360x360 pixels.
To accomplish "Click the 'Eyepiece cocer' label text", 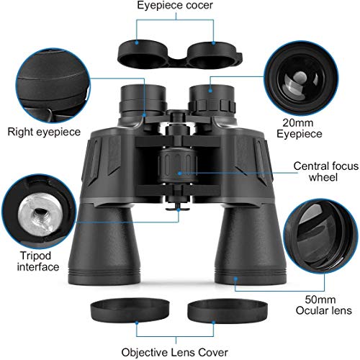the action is point(175,5).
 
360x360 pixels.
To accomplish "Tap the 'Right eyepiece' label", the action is point(44,132).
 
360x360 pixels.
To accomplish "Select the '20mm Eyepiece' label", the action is point(299,128).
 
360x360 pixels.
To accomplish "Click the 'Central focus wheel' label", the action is point(325,171).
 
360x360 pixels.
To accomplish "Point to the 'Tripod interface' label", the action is point(37,261).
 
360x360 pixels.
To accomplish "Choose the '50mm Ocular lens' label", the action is point(323,305).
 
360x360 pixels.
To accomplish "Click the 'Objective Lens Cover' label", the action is point(174,353).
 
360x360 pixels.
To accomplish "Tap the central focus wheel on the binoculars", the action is point(178,166).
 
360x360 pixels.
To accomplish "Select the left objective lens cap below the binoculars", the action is point(130,310).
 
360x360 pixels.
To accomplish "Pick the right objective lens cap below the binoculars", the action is point(228,311).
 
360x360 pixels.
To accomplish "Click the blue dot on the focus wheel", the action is point(179,173).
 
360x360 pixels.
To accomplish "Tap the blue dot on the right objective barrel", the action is point(235,279).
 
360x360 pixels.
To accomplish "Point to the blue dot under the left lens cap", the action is point(137,323).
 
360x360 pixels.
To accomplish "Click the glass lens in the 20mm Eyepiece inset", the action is point(300,81).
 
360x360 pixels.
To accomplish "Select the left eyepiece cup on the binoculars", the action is point(143,100).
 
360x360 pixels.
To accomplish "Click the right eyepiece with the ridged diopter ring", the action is point(212,101).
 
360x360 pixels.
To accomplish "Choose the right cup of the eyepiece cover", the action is point(213,55).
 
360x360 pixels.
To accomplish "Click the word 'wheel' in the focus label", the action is point(323,177).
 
